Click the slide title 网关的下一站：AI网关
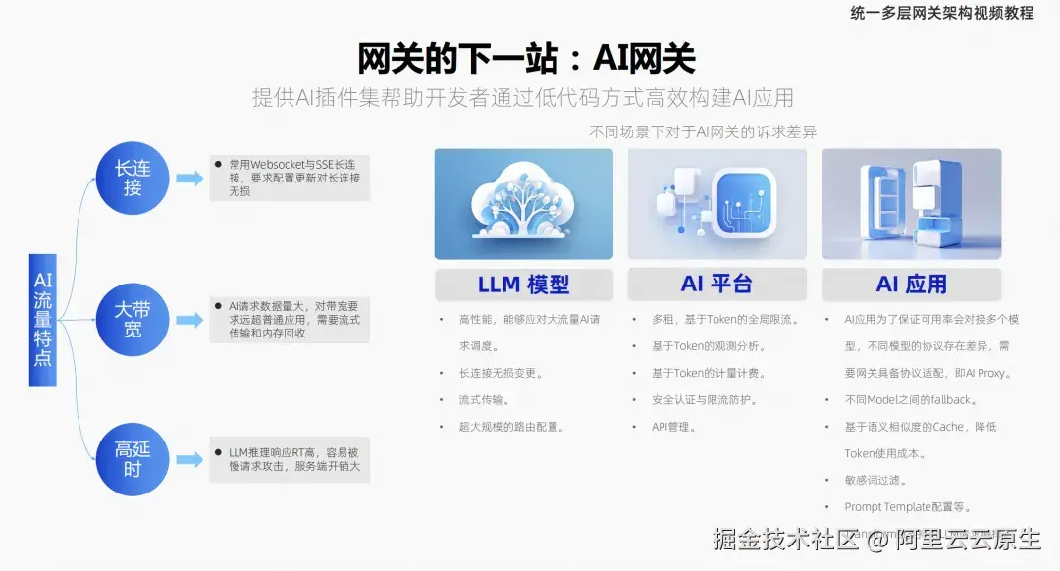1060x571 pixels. pos(526,58)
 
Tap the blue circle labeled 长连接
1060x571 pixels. pos(132,178)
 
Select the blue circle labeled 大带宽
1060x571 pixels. pos(132,320)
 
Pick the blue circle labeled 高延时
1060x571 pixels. pos(132,459)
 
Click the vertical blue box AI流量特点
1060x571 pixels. pos(43,319)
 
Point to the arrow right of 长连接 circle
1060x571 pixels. pos(189,179)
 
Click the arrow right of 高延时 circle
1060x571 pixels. pos(189,458)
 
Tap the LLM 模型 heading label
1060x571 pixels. pos(523,285)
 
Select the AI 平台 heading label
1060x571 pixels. pos(716,285)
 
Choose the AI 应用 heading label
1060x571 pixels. pos(911,285)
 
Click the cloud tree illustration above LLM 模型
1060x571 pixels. pos(523,203)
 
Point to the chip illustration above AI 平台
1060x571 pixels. pos(716,203)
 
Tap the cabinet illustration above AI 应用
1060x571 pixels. pos(911,203)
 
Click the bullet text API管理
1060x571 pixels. pos(673,427)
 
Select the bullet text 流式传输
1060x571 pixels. pos(484,400)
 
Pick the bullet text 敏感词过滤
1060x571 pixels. pos(875,481)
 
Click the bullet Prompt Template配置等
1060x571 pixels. pos(908,507)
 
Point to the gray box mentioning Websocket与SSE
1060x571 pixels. pos(291,178)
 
